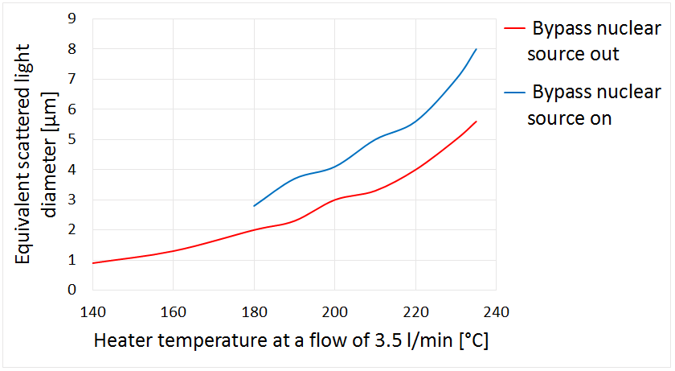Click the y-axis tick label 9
tap(72, 19)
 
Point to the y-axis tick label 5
tap(72, 139)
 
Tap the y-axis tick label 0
tap(72, 290)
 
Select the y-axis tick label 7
tap(72, 79)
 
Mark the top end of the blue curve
tap(477, 49)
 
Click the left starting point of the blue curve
tap(254, 206)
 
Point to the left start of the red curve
tap(93, 263)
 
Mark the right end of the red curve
tap(477, 122)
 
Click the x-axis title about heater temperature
tap(291, 340)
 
